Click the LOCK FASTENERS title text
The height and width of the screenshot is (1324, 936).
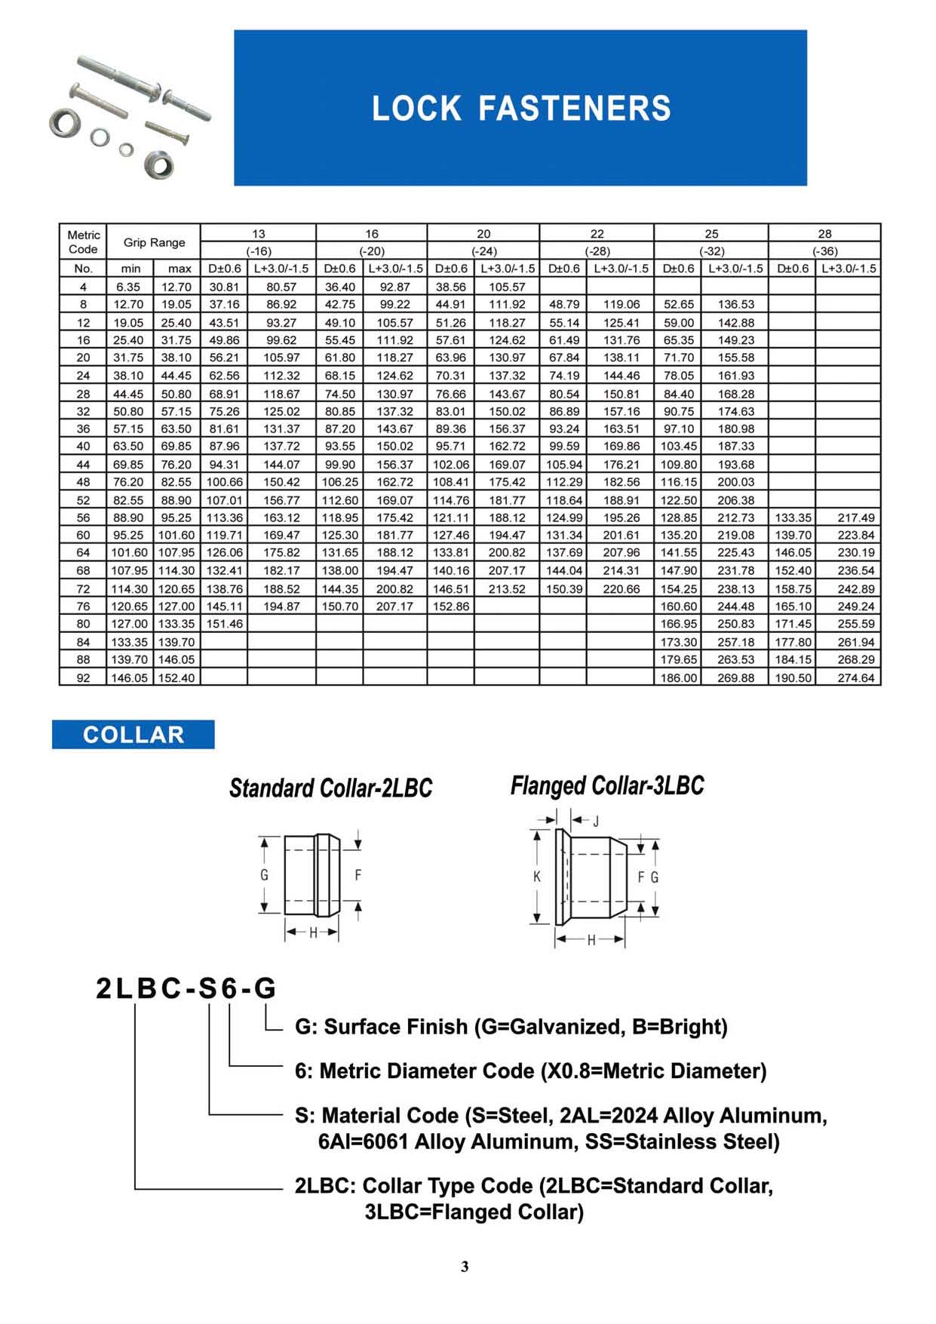(521, 109)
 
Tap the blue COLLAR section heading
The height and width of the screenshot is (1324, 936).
(133, 735)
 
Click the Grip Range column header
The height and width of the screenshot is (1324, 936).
(154, 242)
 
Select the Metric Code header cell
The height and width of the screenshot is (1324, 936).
(83, 242)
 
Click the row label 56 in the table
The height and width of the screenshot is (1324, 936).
(83, 518)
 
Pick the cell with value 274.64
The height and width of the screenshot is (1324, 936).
(856, 677)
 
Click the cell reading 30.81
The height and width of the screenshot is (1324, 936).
(224, 287)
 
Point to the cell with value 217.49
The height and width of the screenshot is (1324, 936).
(856, 518)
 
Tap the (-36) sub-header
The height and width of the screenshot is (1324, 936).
(824, 251)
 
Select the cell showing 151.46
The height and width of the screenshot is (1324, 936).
(224, 624)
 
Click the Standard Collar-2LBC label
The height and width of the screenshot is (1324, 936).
(330, 788)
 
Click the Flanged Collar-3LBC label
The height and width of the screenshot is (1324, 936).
(607, 785)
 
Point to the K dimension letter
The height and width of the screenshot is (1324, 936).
(536, 877)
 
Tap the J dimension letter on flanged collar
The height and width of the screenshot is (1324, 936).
(595, 821)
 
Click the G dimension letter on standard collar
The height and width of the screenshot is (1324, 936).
(264, 875)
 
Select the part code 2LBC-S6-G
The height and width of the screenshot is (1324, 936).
(186, 988)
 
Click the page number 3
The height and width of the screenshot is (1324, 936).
(465, 1267)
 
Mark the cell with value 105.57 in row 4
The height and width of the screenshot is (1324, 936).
(507, 287)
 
